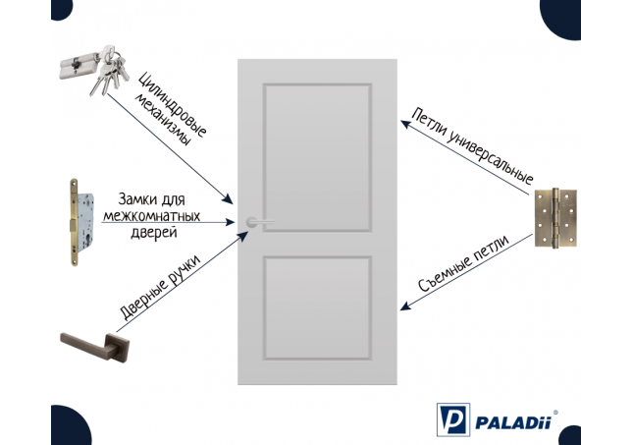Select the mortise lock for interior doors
[81, 222]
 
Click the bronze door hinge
[555, 217]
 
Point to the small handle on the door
[260, 222]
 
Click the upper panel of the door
[317, 157]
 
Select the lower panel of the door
[317, 308]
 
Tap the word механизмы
[162, 120]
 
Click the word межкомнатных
[152, 216]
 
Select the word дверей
[154, 233]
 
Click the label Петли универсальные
[472, 145]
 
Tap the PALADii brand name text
[513, 422]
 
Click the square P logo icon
[453, 419]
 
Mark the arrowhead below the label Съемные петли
[405, 306]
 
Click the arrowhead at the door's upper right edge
[405, 125]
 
